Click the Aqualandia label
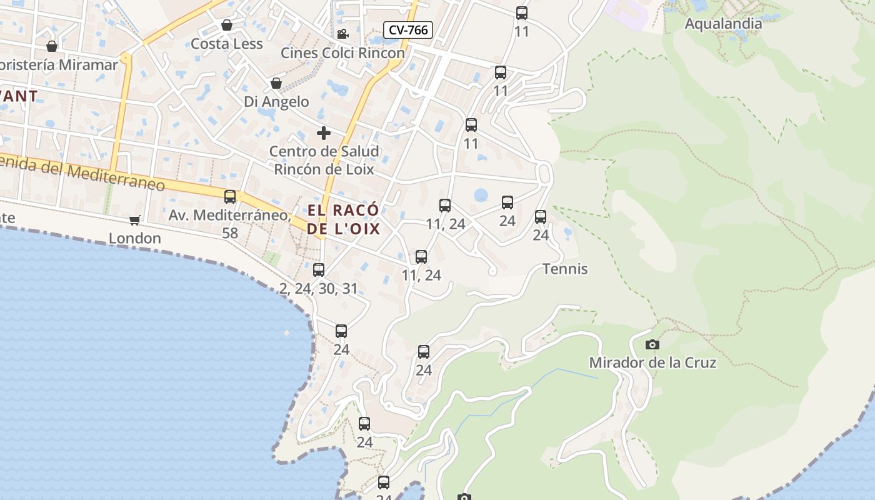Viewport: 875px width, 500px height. coord(723,24)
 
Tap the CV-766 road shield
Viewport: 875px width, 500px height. coord(408,29)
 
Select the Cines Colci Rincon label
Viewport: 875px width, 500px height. coord(342,53)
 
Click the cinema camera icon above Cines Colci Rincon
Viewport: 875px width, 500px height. coord(342,34)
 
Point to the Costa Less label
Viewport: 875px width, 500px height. coord(227,44)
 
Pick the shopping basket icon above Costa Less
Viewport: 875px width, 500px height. coord(227,25)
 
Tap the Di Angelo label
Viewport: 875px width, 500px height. coord(276,101)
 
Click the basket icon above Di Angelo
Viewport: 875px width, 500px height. coord(276,83)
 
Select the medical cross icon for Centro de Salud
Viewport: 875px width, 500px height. coord(323,132)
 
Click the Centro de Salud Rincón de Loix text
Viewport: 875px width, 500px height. coord(324,160)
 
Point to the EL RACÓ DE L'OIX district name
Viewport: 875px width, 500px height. coord(344,219)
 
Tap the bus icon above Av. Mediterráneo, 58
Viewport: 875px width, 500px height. coord(230,197)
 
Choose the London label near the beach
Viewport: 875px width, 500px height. coord(135,238)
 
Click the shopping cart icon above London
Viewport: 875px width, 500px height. coord(134,220)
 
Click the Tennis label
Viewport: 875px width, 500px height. coord(565,269)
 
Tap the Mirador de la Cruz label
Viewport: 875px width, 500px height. coord(652,362)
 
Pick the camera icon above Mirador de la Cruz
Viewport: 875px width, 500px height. coord(652,344)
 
